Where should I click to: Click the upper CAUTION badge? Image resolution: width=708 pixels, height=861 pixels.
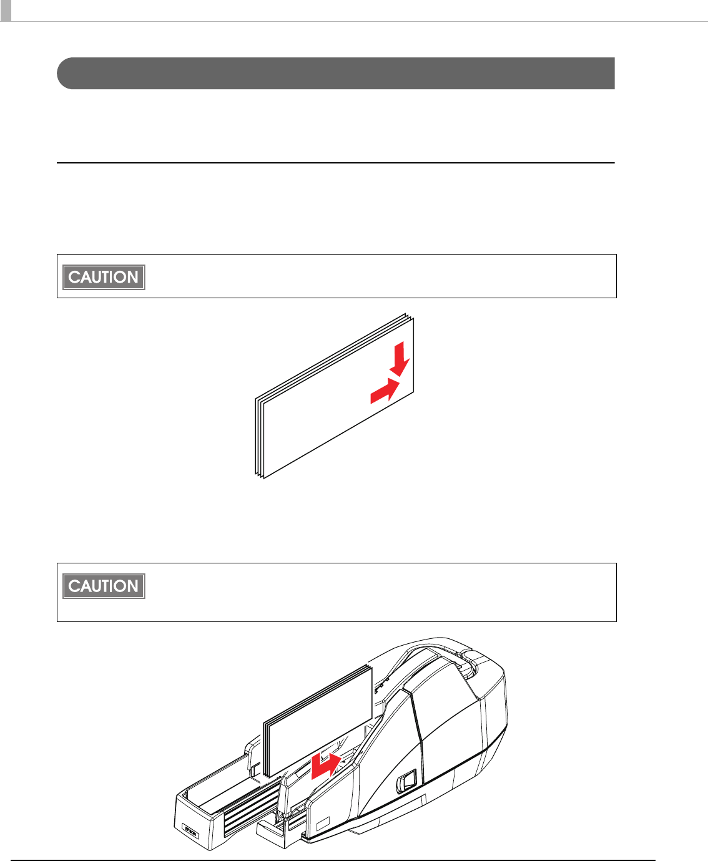click(x=104, y=277)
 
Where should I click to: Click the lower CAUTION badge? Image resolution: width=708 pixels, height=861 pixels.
click(x=104, y=586)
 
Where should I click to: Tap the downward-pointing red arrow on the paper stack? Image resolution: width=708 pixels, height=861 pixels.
click(x=400, y=359)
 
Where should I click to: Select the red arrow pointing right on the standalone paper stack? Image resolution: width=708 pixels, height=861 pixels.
click(x=385, y=391)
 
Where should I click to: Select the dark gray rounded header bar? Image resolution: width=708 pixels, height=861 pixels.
click(x=336, y=74)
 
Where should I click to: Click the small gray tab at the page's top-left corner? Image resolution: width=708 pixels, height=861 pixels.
click(x=6, y=10)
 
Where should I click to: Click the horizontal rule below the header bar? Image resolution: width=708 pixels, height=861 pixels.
click(x=336, y=163)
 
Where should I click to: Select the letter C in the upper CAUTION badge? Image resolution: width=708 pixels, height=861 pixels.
click(x=74, y=277)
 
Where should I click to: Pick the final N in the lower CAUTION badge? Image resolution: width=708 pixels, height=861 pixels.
click(x=132, y=586)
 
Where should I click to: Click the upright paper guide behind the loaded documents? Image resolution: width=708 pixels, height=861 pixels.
click(x=254, y=759)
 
